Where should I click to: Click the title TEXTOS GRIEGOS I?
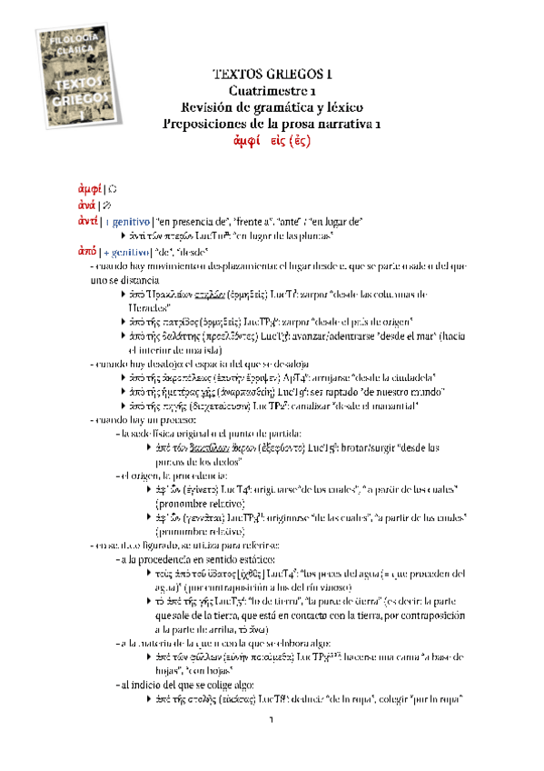[x=272, y=75]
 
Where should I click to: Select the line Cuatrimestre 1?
[x=272, y=92]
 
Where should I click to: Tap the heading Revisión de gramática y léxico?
[x=272, y=107]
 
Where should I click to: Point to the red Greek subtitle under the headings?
[x=272, y=142]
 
